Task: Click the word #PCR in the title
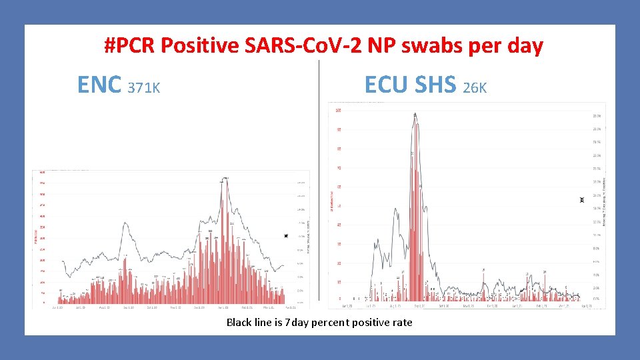click(131, 46)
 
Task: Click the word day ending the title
click(524, 46)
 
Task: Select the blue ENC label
click(99, 85)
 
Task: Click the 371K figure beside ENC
click(144, 87)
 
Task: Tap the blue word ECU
click(387, 84)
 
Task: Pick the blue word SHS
click(436, 84)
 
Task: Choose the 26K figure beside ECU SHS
click(475, 87)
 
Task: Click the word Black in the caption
click(239, 323)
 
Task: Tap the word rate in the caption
click(402, 323)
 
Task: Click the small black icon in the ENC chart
click(286, 236)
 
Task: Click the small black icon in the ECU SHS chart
click(581, 199)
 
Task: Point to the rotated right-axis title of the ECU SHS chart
click(604, 200)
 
